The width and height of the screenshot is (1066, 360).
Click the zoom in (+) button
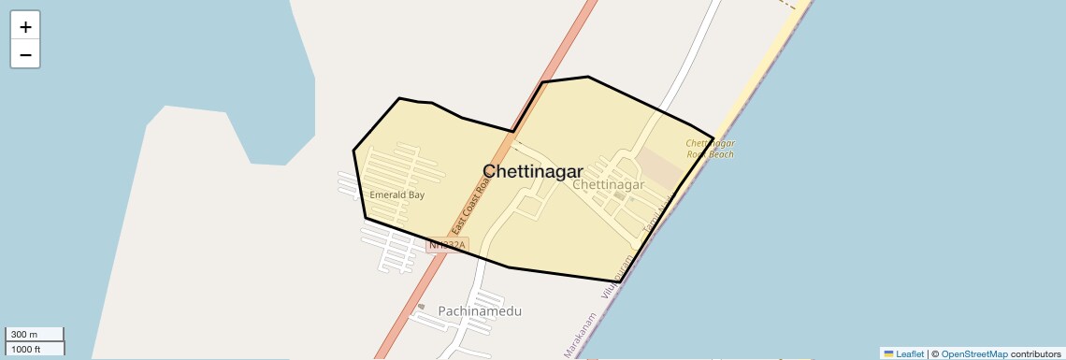(25, 27)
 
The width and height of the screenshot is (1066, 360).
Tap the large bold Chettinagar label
(532, 171)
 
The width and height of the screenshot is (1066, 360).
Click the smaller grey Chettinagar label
(608, 185)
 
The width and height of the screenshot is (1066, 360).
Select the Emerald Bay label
(396, 195)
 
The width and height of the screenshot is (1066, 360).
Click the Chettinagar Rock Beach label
(711, 149)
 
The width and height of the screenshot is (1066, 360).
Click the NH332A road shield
(447, 245)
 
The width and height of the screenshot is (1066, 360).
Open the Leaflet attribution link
(909, 353)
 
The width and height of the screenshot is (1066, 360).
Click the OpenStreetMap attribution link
(973, 353)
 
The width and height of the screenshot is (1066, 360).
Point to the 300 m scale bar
(35, 334)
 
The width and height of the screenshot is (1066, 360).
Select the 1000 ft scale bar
(35, 349)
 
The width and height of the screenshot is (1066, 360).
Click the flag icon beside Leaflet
(888, 353)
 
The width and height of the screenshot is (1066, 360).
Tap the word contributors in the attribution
(1035, 353)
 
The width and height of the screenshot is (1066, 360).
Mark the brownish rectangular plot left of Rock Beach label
(661, 168)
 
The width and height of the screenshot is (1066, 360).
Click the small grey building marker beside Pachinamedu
(421, 307)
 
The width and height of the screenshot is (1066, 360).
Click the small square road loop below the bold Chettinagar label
(527, 204)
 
